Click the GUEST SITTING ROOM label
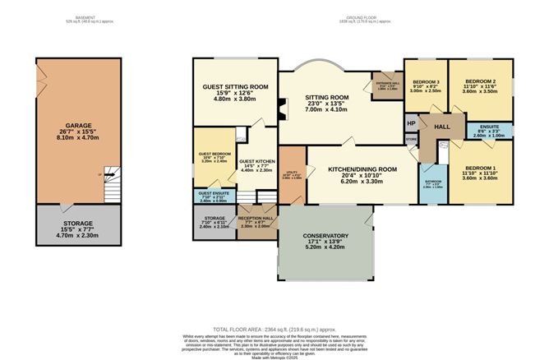click(x=236, y=86)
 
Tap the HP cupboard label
click(x=410, y=123)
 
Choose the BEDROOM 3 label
click(x=427, y=82)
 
